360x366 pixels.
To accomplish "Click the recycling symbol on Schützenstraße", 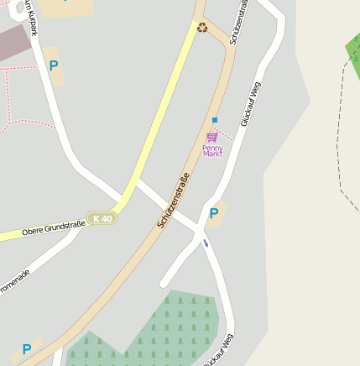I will tap(202, 27).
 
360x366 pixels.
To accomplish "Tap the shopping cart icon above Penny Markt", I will tap(212, 136).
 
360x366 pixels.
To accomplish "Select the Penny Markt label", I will tap(213, 151).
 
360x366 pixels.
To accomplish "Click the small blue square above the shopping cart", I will tap(215, 120).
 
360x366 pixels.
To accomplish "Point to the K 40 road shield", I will tap(102, 218).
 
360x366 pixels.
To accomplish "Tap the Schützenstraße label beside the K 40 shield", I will tap(174, 201).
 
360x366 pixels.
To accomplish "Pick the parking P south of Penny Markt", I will tap(214, 213).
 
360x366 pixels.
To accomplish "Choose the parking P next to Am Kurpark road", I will tap(54, 65).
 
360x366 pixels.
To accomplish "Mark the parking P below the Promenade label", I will tap(27, 349).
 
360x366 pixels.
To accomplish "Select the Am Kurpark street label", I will tap(32, 17).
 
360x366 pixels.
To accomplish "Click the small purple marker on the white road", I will tap(206, 243).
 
